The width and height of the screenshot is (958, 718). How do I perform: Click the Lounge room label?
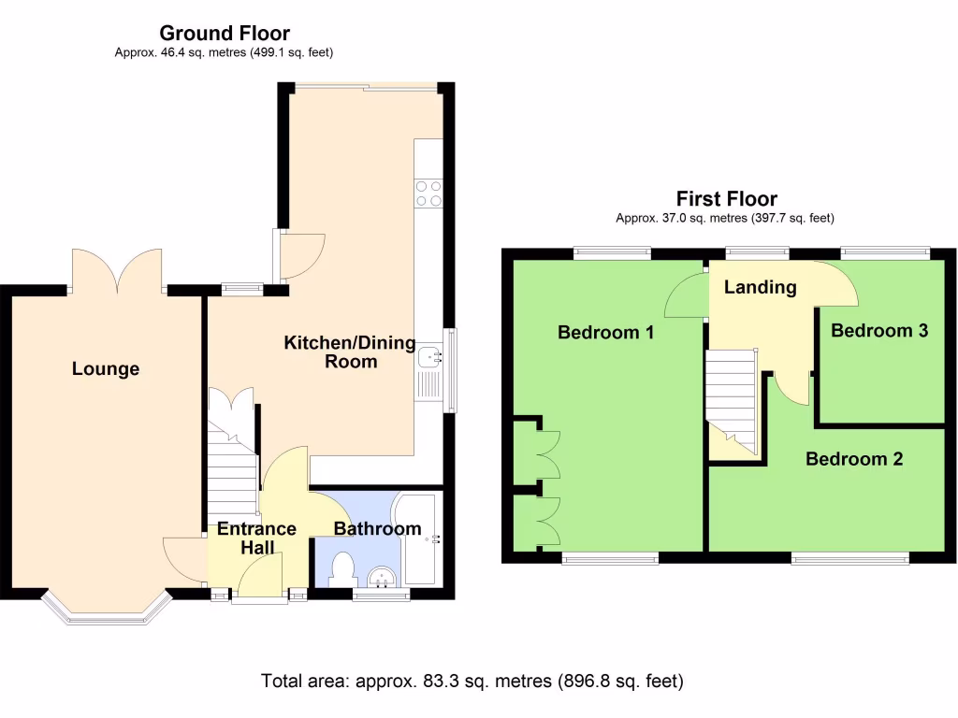(x=106, y=369)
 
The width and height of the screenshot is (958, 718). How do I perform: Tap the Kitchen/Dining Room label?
(x=350, y=352)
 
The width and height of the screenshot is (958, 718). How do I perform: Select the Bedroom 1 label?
(x=605, y=332)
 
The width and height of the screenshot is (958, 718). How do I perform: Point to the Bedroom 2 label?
(x=854, y=459)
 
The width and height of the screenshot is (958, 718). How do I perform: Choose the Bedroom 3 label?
(x=879, y=330)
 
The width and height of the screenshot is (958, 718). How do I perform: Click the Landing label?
(x=760, y=287)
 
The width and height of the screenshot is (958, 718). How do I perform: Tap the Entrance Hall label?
(x=256, y=538)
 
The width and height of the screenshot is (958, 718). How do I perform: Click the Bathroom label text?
(x=378, y=529)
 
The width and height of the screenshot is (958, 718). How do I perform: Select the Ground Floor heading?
(x=225, y=35)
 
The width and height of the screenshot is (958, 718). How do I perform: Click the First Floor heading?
(x=727, y=199)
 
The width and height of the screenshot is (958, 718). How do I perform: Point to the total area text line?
(x=472, y=681)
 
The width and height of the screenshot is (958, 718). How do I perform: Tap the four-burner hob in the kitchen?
(x=428, y=193)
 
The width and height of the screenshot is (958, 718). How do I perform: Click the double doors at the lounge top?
(x=117, y=271)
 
